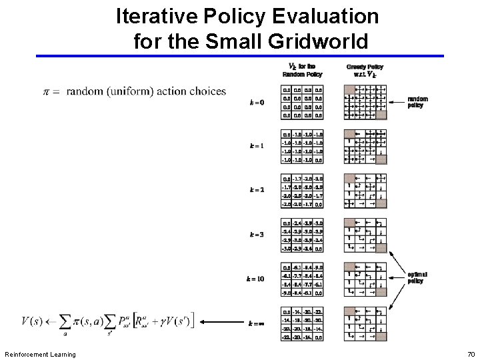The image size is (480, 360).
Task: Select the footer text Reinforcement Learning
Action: [40, 354]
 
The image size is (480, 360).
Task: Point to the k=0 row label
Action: [256, 103]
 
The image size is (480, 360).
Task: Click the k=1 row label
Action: [256, 146]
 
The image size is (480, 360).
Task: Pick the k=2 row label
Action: [256, 189]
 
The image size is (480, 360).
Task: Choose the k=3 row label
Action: [256, 234]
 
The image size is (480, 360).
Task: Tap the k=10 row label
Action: [255, 279]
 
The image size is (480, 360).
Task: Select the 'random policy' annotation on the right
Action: [418, 102]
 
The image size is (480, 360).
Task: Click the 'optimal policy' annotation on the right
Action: [417, 277]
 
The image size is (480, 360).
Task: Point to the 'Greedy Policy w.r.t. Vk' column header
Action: [365, 71]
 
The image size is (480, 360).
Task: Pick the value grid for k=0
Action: [302, 102]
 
